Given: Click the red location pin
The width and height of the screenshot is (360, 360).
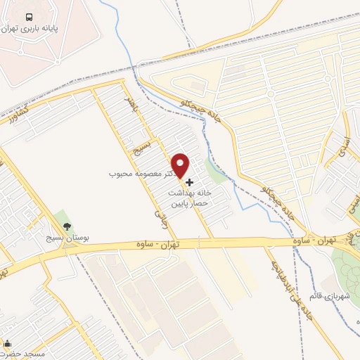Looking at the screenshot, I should (x=181, y=165).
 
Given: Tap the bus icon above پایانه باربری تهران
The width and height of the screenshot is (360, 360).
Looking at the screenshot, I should (x=28, y=17).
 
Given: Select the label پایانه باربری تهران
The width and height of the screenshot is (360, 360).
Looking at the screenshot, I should (x=41, y=30).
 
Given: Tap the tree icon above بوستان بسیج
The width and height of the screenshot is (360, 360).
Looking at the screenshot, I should (x=67, y=226).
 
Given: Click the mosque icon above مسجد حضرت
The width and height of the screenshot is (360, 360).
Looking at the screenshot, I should (x=8, y=344).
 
